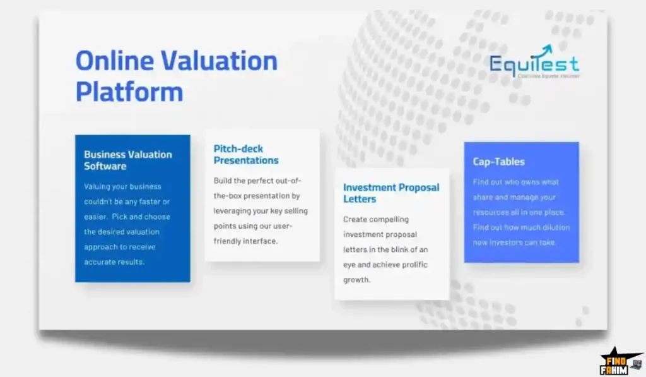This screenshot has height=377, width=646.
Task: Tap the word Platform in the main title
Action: pyautogui.click(x=129, y=92)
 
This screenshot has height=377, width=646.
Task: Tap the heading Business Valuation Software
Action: pyautogui.click(x=127, y=160)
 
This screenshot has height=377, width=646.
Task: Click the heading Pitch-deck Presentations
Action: pyautogui.click(x=246, y=155)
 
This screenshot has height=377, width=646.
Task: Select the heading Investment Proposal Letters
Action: pyautogui.click(x=391, y=193)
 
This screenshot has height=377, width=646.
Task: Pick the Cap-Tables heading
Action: pyautogui.click(x=498, y=162)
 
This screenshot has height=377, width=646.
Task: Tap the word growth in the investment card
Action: pyautogui.click(x=356, y=280)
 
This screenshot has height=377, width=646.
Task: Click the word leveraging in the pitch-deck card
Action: pyautogui.click(x=232, y=211)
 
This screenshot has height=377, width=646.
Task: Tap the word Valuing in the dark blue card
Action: pyautogui.click(x=97, y=186)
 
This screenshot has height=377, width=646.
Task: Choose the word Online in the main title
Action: pyautogui.click(x=113, y=61)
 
